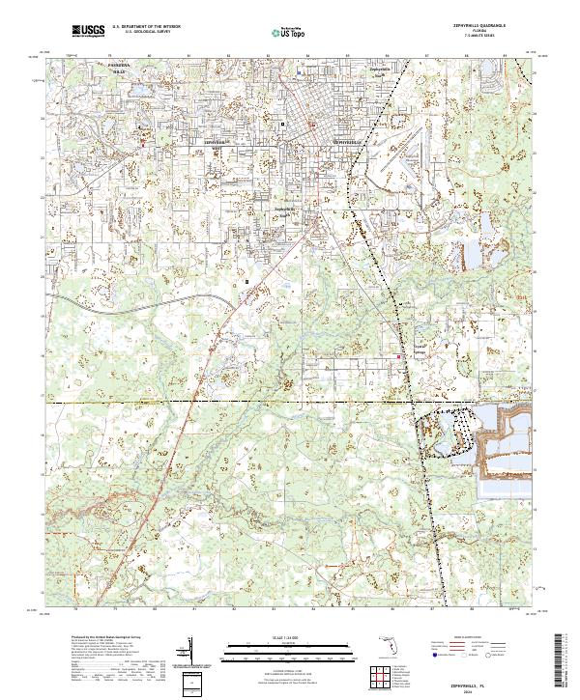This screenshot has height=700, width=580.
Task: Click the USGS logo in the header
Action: [x=88, y=32]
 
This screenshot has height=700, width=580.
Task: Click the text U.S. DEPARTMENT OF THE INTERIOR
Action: [x=145, y=27]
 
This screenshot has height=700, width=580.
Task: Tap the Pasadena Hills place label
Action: [x=119, y=68]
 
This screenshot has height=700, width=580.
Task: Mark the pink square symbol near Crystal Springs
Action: [x=401, y=358]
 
